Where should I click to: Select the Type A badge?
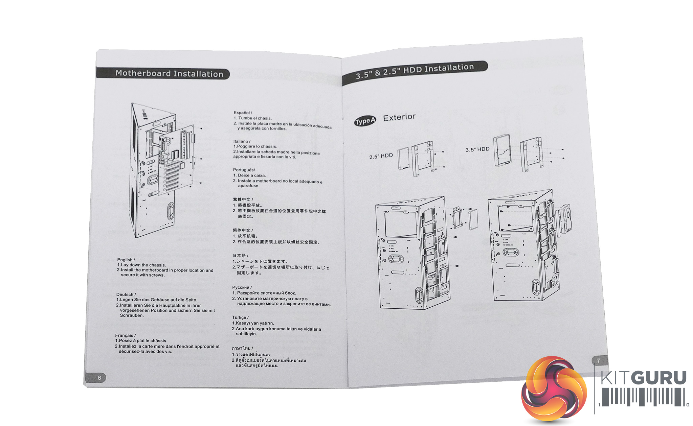pyautogui.click(x=365, y=121)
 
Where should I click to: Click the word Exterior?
pyautogui.click(x=399, y=117)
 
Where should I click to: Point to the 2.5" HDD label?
pyautogui.click(x=381, y=156)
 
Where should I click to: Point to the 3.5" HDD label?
pyautogui.click(x=477, y=149)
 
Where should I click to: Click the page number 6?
pyautogui.click(x=99, y=378)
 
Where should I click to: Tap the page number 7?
pyautogui.click(x=598, y=361)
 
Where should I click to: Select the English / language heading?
pyautogui.click(x=126, y=260)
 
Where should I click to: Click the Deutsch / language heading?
pyautogui.click(x=126, y=294)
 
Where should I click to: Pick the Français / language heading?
pyautogui.click(x=125, y=335)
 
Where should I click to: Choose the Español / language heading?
pyautogui.click(x=243, y=113)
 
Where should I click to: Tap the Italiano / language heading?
pyautogui.click(x=242, y=141)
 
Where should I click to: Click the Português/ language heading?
pyautogui.click(x=244, y=170)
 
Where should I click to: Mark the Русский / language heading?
pyautogui.click(x=242, y=287)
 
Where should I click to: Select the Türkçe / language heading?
pyautogui.click(x=240, y=317)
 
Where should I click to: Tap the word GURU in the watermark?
pyautogui.click(x=660, y=378)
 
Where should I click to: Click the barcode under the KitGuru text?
pyautogui.click(x=643, y=397)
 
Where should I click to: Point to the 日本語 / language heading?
pyautogui.click(x=240, y=256)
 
